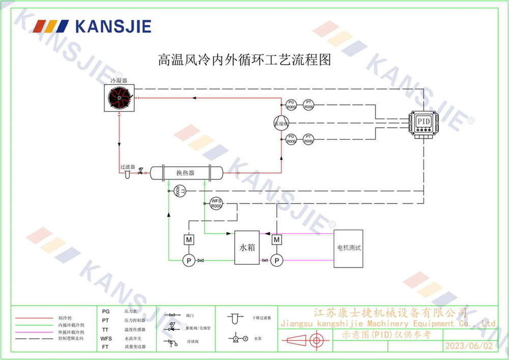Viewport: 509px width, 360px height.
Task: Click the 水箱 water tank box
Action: pos(247,247)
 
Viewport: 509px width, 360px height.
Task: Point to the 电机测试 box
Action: pos(349,248)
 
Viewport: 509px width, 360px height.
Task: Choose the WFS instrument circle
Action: pos(216,204)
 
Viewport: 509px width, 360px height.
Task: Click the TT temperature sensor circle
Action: pos(178,191)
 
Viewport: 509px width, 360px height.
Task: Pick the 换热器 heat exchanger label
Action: pos(185,173)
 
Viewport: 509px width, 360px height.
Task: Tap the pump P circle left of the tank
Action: pos(188,261)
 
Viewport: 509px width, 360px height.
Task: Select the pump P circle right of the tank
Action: pos(276,261)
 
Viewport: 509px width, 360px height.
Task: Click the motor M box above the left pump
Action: pos(188,239)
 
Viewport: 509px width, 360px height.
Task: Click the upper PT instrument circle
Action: pos(308,104)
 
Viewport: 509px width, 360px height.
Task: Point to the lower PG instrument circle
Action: pos(291,139)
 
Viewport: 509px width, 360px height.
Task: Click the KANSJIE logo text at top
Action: pos(112,25)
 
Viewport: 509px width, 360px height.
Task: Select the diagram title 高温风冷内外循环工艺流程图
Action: pos(245,60)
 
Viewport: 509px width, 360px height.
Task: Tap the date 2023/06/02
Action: pos(469,346)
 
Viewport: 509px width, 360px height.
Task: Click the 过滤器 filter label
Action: pos(127,167)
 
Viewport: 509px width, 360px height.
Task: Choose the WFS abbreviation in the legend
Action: pos(106,338)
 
